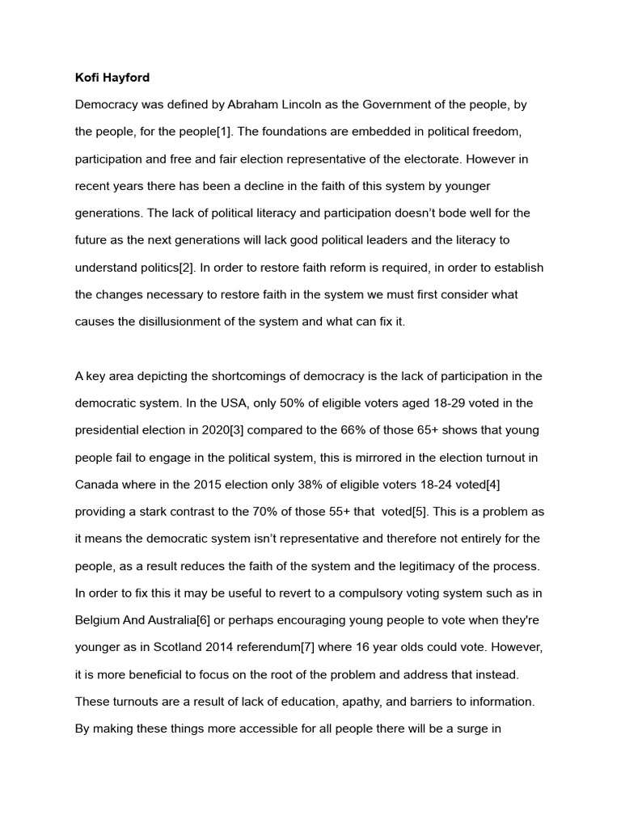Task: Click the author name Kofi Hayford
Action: [112, 78]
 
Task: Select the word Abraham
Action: [255, 105]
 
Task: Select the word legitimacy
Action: [425, 566]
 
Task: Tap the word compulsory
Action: [361, 593]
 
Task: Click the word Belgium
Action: [99, 620]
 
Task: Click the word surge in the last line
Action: [467, 729]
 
